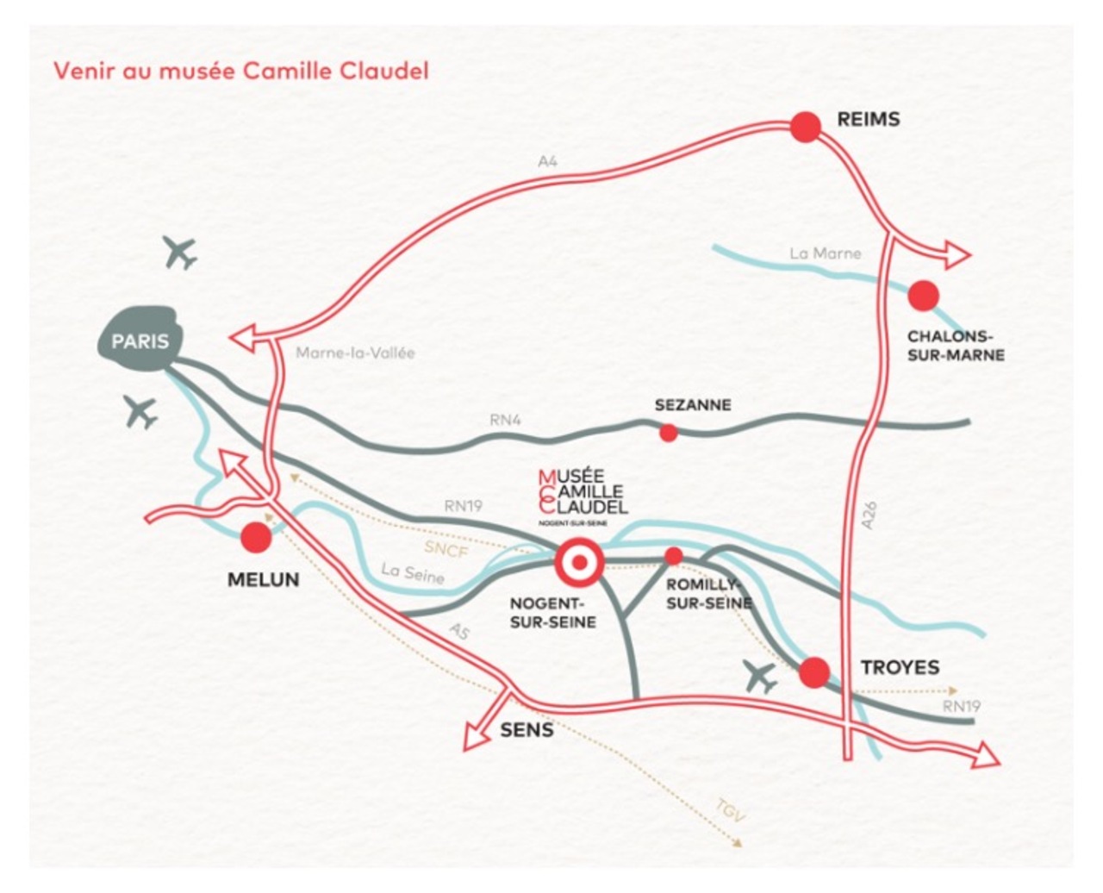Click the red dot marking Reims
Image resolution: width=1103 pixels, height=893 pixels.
[x=806, y=127]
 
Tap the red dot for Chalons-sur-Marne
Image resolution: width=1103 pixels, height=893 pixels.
[x=923, y=296]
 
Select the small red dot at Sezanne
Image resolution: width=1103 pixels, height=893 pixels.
[x=668, y=433]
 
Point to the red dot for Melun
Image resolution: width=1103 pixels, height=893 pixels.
[x=256, y=538]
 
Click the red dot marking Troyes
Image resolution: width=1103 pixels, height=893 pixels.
[x=814, y=671]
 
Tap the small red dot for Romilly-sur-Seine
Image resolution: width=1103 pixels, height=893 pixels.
[x=674, y=556]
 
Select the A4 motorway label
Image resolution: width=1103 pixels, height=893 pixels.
[x=548, y=161]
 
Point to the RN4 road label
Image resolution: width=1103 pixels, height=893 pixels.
[x=507, y=421]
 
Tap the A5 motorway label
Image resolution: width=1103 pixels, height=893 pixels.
[x=460, y=632]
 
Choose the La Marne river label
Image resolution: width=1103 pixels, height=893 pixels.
[x=825, y=253]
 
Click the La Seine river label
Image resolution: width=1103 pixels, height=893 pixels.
[x=413, y=573]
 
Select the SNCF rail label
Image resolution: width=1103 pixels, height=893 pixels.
[x=446, y=548]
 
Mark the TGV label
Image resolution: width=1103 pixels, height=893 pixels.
[x=730, y=811]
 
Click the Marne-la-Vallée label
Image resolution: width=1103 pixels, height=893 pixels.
[x=355, y=353]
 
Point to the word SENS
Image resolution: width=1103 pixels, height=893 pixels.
[x=527, y=731]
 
